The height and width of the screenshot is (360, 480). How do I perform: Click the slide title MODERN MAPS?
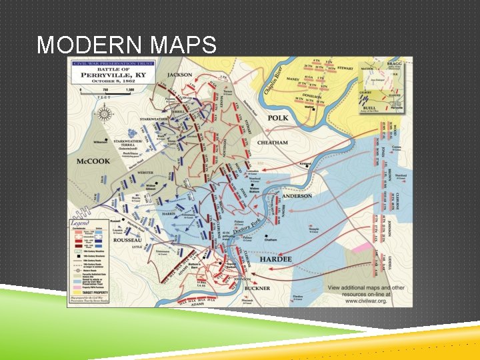pyautogui.click(x=127, y=45)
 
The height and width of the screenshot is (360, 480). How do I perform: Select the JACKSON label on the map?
pyautogui.click(x=179, y=75)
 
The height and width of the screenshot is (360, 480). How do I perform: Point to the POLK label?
pyautogui.click(x=278, y=118)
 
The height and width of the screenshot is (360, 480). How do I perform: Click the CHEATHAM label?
pyautogui.click(x=272, y=143)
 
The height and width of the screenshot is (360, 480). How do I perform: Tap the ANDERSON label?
pyautogui.click(x=296, y=196)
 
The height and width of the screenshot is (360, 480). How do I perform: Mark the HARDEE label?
pyautogui.click(x=276, y=259)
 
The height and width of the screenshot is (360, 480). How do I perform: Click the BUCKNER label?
pyautogui.click(x=257, y=288)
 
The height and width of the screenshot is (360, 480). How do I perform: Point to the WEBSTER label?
pyautogui.click(x=145, y=173)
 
